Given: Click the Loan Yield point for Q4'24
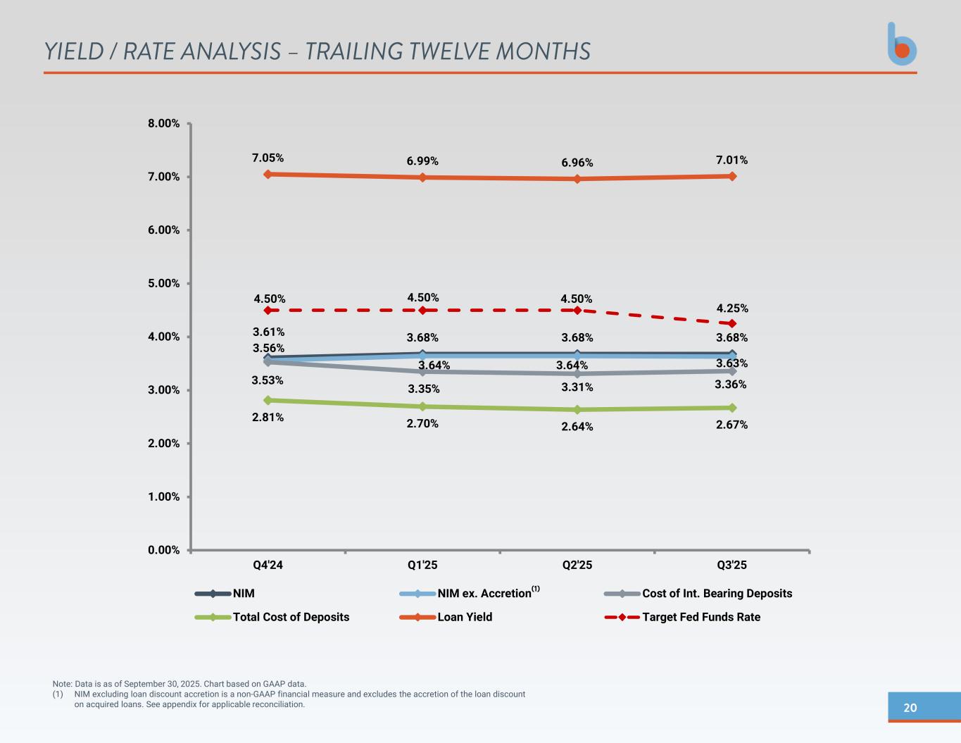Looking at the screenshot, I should click(268, 174).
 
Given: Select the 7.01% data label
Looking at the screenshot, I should click(731, 160).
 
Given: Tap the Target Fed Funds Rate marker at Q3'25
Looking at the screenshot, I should click(732, 323).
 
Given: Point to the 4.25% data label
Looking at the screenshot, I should click(732, 308).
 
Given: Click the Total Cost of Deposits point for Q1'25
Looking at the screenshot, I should click(422, 406).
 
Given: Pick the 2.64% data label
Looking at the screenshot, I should click(577, 427).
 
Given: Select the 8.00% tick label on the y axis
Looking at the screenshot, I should click(163, 123).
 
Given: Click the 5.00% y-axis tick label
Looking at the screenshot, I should click(163, 283).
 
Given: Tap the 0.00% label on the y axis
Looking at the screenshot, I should click(163, 550).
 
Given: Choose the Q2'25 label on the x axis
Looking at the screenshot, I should click(577, 565).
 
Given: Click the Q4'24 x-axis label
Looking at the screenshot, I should click(268, 565).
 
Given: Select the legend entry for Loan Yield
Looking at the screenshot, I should click(465, 617).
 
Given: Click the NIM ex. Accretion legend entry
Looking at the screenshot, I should click(484, 594).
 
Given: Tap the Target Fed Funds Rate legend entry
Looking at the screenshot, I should click(701, 617).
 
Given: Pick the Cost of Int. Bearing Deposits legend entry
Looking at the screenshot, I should click(717, 594).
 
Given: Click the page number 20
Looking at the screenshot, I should click(910, 708).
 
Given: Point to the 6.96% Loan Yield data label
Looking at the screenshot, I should click(577, 163).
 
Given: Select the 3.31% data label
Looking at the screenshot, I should click(577, 387).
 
